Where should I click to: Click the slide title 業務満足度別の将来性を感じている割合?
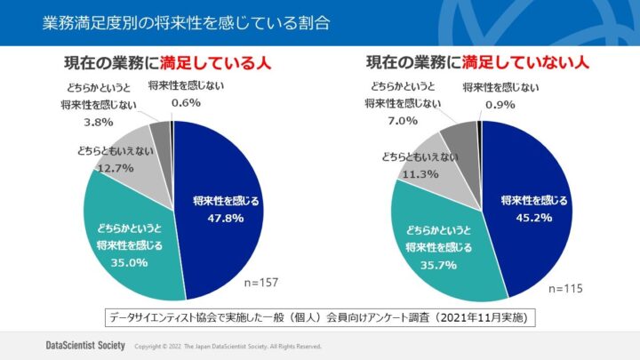click(x=186, y=22)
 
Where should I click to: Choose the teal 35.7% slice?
click(x=436, y=244)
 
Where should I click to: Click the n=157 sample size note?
click(x=261, y=283)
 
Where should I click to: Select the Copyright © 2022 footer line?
click(x=227, y=345)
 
